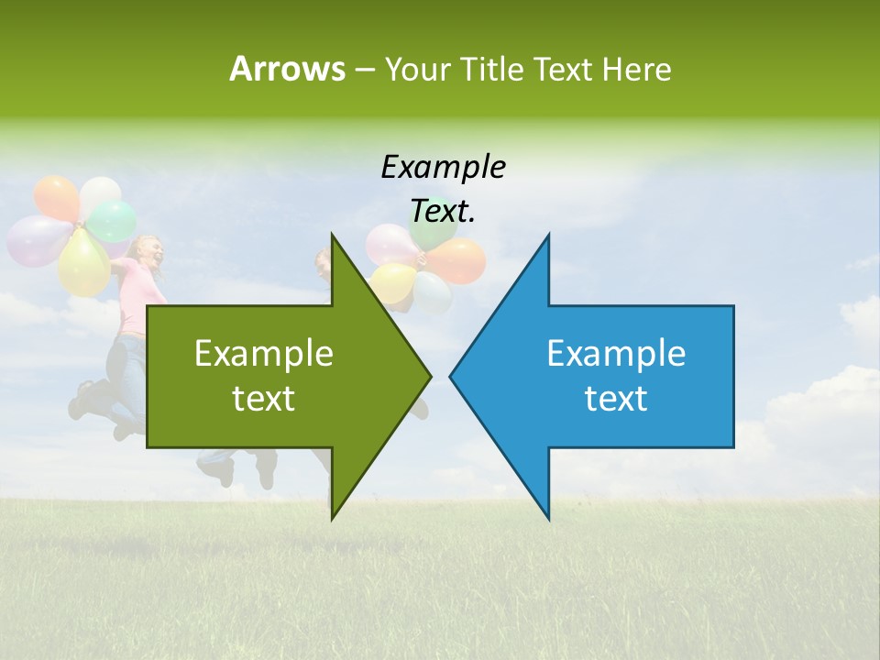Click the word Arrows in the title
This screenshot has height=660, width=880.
287,69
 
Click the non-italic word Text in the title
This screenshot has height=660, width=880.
563,70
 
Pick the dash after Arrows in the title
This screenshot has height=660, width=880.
364,71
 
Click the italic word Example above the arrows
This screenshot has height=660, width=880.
443,168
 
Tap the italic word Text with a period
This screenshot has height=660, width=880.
443,212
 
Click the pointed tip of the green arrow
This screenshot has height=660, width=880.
429,376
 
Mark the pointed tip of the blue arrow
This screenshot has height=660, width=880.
451,376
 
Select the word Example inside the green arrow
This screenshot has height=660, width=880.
263,355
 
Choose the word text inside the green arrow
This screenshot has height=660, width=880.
263,399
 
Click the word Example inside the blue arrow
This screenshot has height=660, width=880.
616,355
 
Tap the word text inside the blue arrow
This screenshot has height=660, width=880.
616,399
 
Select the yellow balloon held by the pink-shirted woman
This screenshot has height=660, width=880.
83,263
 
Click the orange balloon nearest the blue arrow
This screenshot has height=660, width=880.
457,261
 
